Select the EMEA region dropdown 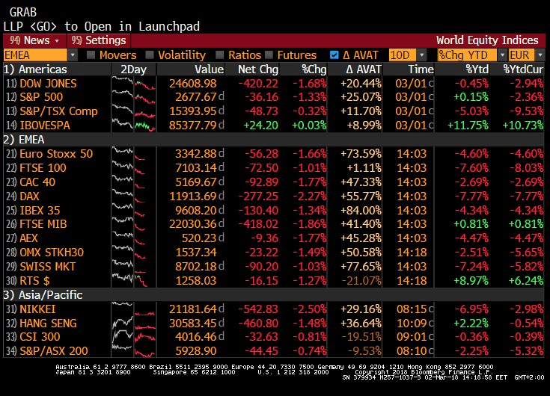click(40, 55)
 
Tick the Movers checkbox click(91, 55)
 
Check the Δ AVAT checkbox click(334, 55)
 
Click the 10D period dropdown click(408, 55)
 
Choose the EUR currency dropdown click(526, 55)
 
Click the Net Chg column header click(257, 69)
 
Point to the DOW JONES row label click(48, 84)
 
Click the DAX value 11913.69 click(195, 197)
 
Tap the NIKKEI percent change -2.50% click(309, 309)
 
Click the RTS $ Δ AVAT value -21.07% click(361, 281)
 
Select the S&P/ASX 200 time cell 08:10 click(412, 351)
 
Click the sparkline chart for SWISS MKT click(133, 267)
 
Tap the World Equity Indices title click(487, 40)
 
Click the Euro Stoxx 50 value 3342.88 click(195, 154)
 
